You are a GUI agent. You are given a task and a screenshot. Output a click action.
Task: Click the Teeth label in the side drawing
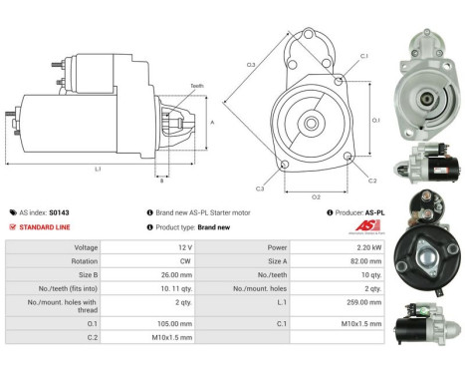(x=196, y=86)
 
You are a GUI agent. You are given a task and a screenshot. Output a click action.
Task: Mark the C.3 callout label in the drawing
(x=260, y=188)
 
